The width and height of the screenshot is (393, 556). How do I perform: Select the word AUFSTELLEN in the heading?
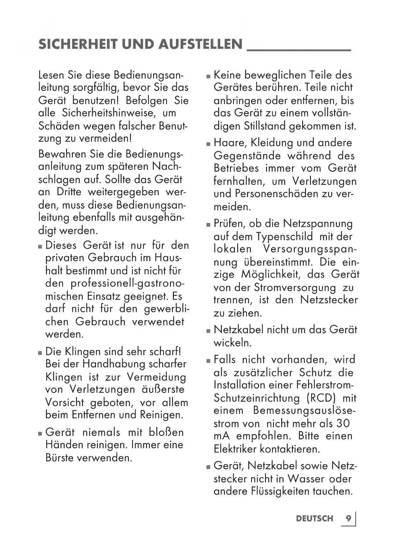[200, 44]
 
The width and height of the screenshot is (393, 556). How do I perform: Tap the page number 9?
[348, 518]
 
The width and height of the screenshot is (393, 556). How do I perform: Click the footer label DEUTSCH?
[315, 519]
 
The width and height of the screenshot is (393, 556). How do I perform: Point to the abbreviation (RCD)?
[321, 398]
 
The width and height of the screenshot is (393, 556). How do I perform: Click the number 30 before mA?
[343, 423]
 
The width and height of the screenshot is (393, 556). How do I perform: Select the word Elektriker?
[235, 449]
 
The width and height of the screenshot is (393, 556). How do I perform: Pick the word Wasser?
[306, 478]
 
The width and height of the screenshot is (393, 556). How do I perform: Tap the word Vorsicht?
[65, 402]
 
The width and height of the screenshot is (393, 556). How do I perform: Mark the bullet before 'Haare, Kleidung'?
[208, 144]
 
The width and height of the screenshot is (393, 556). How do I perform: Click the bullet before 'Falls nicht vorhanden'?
[208, 361]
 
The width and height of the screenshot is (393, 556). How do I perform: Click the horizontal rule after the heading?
[299, 50]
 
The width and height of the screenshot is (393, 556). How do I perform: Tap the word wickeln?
[232, 343]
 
